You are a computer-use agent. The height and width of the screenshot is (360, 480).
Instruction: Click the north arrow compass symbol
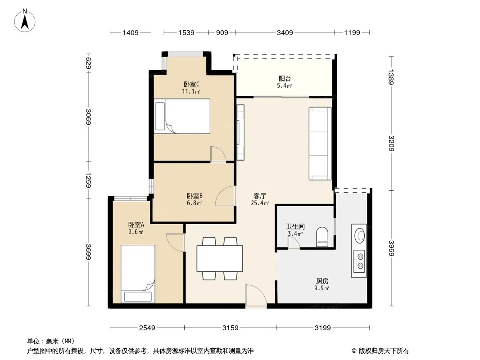pos(25,21)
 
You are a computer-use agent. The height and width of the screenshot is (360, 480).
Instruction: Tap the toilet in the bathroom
pos(322,236)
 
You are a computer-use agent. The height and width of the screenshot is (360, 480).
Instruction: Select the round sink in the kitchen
pos(359,235)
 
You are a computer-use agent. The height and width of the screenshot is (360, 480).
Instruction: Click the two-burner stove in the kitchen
pos(359,261)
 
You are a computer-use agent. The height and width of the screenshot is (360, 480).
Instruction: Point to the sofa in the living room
pos(320,144)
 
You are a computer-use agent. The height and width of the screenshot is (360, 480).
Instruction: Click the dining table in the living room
pos(220,258)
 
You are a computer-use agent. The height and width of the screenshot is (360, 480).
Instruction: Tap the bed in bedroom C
pos(182,116)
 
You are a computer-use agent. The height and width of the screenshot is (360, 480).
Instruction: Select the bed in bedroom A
pos(138,274)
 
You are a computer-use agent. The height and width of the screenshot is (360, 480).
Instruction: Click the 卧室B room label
pos(195,196)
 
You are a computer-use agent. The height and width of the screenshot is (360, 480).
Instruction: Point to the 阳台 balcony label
pos(285,79)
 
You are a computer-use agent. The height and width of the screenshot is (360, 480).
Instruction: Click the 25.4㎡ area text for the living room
pos(260,203)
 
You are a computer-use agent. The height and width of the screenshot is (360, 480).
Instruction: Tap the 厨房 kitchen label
pos(322,281)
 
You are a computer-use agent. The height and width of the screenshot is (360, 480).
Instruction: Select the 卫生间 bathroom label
pos(295,227)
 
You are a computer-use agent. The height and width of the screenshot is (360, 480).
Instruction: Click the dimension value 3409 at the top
pos(285,33)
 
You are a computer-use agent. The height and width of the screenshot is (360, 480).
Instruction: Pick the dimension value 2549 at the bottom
pos(147,328)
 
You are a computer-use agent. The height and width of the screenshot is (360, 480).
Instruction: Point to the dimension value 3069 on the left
pos(88,117)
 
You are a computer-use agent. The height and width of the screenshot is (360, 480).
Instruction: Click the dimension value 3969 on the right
pos(391,248)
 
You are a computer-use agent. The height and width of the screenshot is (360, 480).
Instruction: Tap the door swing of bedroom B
pos(225,196)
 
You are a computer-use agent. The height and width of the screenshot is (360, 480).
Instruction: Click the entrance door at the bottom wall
pos(256,295)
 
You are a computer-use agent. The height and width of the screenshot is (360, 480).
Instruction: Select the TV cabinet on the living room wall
pos(240,132)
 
